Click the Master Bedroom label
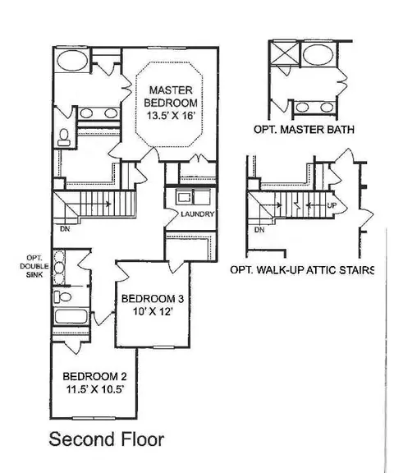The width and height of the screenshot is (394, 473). pyautogui.click(x=171, y=97)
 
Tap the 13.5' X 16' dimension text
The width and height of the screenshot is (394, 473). pyautogui.click(x=171, y=116)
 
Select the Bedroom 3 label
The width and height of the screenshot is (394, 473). pyautogui.click(x=153, y=299)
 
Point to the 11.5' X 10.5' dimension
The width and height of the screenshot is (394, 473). pyautogui.click(x=95, y=389)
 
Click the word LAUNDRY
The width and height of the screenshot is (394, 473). pyautogui.click(x=198, y=214)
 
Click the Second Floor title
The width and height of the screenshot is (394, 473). pyautogui.click(x=107, y=439)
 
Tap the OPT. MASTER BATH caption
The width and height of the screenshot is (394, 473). pyautogui.click(x=304, y=130)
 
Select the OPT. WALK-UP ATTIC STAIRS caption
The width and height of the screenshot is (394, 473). pyautogui.click(x=302, y=269)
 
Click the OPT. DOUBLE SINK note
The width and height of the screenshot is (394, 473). pyautogui.click(x=34, y=266)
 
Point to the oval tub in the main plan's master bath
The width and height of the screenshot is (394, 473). pyautogui.click(x=72, y=61)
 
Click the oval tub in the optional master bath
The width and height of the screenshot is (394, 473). pyautogui.click(x=318, y=54)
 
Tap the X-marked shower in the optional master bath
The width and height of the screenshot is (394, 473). pyautogui.click(x=284, y=53)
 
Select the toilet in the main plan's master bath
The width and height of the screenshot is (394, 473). pyautogui.click(x=63, y=138)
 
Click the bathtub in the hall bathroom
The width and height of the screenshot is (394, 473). pyautogui.click(x=71, y=316)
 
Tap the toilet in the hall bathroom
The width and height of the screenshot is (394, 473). pyautogui.click(x=62, y=297)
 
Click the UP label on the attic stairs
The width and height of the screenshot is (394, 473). pyautogui.click(x=332, y=205)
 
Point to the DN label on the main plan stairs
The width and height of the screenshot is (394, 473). pyautogui.click(x=65, y=229)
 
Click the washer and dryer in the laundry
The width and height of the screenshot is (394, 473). pyautogui.click(x=194, y=198)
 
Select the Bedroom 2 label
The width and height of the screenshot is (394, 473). pyautogui.click(x=94, y=376)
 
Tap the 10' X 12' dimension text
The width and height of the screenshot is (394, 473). pyautogui.click(x=153, y=311)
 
